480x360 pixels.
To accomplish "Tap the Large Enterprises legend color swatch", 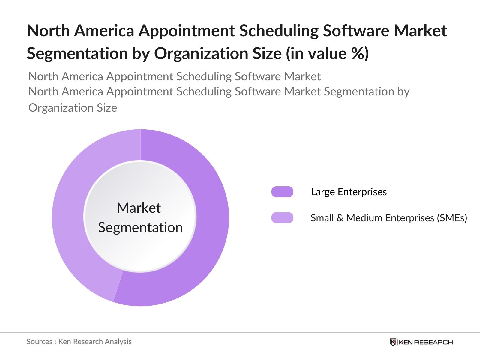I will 282,192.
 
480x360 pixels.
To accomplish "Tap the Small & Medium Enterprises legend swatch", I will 282,218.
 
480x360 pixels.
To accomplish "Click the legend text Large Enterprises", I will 349,192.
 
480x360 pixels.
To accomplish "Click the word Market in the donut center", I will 139,208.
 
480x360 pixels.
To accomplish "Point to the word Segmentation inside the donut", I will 140,227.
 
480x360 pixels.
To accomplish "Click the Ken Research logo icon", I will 393,342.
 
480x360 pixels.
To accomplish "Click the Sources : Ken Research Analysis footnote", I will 79,342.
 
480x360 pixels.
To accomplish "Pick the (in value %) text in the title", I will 327,54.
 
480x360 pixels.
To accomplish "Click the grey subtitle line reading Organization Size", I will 73,108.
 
